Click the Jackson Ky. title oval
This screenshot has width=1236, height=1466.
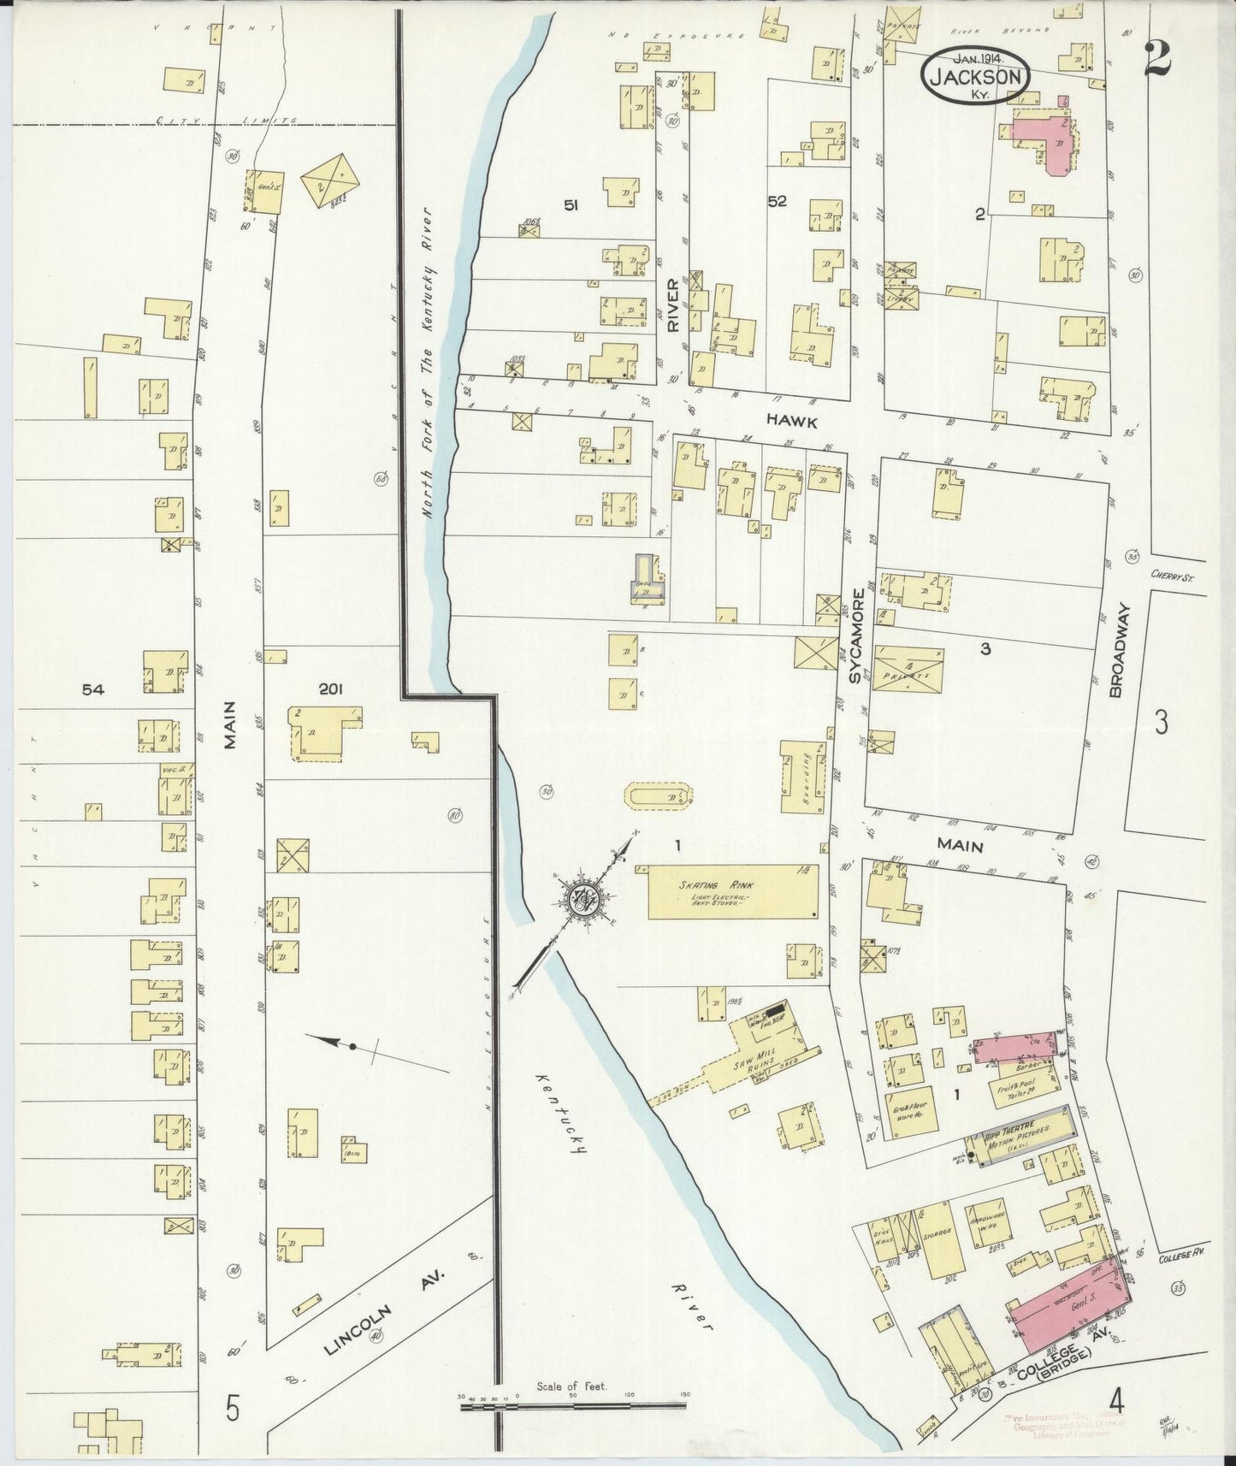click(x=976, y=76)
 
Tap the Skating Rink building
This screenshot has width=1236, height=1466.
click(x=731, y=891)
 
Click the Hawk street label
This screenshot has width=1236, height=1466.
click(x=791, y=422)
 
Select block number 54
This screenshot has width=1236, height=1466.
click(x=92, y=689)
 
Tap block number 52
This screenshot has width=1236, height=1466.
click(x=777, y=202)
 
